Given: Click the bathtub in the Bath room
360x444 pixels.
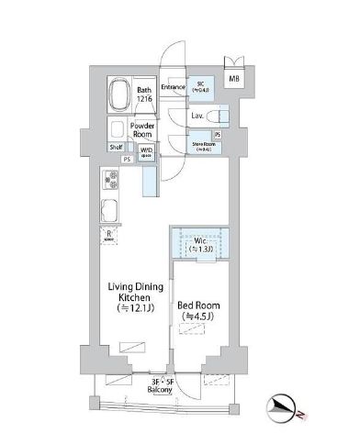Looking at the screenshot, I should [119, 94].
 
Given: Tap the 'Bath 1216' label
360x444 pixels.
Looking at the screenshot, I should [144, 95].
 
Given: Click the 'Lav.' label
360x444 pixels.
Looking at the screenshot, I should [197, 117].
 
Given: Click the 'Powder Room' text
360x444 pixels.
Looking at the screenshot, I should [142, 130].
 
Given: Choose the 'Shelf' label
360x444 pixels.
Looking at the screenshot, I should [116, 147].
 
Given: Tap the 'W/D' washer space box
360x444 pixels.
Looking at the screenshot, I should [145, 153].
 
